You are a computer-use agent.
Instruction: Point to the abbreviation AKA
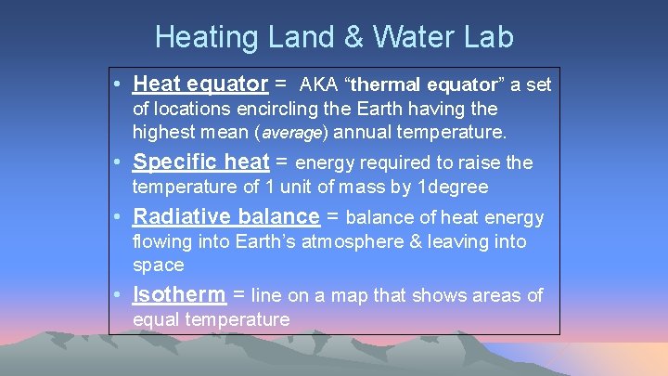click(x=318, y=85)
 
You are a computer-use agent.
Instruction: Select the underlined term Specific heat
click(x=200, y=162)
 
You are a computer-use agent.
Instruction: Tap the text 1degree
click(x=453, y=187)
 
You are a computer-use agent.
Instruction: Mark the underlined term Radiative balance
click(x=225, y=217)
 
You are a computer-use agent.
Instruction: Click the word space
click(x=159, y=266)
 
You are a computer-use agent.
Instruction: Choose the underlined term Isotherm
click(x=179, y=295)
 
